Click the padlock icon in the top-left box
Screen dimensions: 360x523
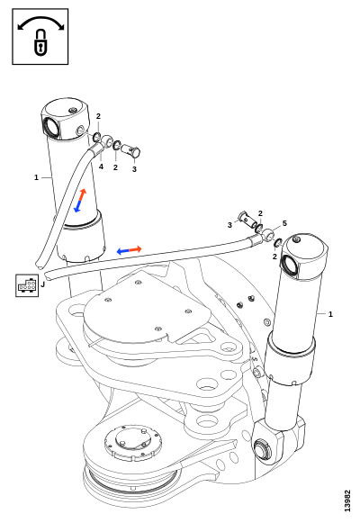pos(40,42)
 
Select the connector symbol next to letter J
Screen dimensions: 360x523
pos(27,285)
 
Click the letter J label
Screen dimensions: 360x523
pos(42,284)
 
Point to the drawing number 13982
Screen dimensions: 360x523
pos(347,500)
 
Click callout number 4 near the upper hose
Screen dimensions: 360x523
pos(101,167)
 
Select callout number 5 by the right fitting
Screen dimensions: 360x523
pos(284,223)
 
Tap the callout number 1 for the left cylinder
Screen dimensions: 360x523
pos(36,177)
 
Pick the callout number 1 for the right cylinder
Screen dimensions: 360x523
pos(330,314)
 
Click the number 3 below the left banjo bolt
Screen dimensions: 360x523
pos(134,169)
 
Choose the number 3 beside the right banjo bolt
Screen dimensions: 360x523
pos(229,225)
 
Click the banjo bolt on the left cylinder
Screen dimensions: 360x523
pos(130,150)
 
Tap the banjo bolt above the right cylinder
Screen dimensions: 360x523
pos(247,220)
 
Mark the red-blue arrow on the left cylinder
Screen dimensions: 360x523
pos(80,201)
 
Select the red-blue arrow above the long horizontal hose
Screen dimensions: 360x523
pos(130,250)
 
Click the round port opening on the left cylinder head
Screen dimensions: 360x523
pos(52,127)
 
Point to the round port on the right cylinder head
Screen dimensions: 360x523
pos(291,264)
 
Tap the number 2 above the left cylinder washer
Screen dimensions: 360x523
pos(98,116)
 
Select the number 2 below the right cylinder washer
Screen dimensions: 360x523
pos(274,257)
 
